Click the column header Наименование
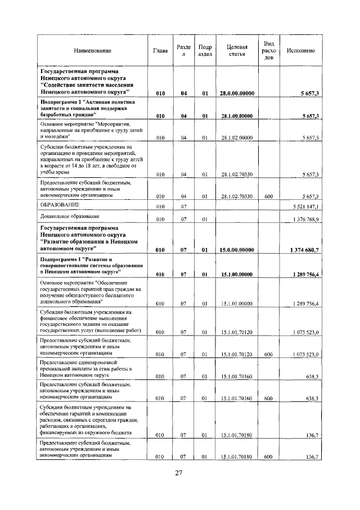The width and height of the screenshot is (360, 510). [x=92, y=51]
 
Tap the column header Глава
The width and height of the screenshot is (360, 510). [x=160, y=51]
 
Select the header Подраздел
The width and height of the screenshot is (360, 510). [x=205, y=51]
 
